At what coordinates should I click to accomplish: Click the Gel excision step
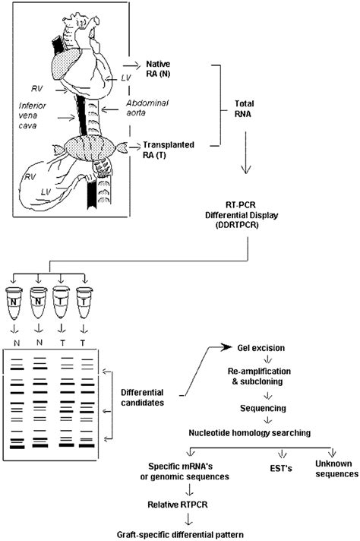coord(278,347)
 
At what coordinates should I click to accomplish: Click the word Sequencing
coord(264,408)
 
